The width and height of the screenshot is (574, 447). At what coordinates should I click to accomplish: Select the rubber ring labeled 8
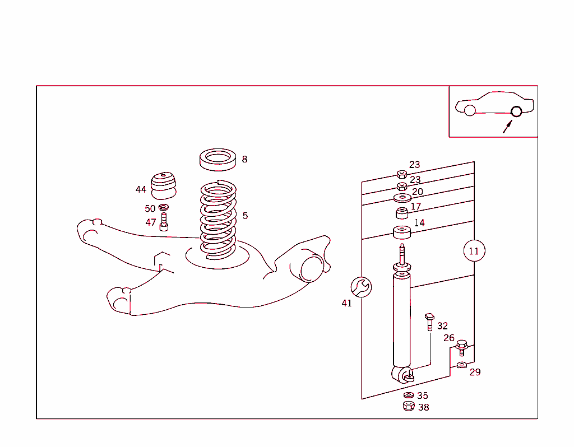[218, 159]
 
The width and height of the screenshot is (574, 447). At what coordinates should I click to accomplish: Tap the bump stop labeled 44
[163, 184]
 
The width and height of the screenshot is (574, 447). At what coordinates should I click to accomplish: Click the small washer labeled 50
[164, 208]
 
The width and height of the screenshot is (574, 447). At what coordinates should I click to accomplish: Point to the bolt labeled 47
[164, 222]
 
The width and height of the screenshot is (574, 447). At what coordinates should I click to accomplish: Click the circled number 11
[474, 251]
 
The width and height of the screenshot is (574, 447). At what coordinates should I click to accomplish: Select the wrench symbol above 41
[360, 287]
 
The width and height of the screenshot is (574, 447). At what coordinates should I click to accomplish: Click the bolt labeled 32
[430, 322]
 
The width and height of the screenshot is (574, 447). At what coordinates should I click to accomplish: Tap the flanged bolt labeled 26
[461, 347]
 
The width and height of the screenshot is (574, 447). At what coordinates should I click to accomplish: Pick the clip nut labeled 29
[461, 366]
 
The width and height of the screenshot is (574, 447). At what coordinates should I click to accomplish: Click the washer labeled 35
[409, 395]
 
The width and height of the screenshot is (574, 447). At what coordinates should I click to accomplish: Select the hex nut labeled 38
[409, 406]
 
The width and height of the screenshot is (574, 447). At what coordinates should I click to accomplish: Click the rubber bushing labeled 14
[402, 231]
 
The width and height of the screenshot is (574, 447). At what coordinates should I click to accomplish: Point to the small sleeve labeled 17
[402, 213]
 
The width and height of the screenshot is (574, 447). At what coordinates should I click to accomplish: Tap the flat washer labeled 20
[402, 197]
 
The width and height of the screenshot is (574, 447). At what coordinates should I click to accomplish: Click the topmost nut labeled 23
[401, 174]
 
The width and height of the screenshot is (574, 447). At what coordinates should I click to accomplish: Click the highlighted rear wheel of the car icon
[516, 111]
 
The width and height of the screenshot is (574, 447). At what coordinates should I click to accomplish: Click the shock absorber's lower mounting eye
[402, 374]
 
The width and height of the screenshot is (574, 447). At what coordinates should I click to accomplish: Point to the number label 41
[346, 303]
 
